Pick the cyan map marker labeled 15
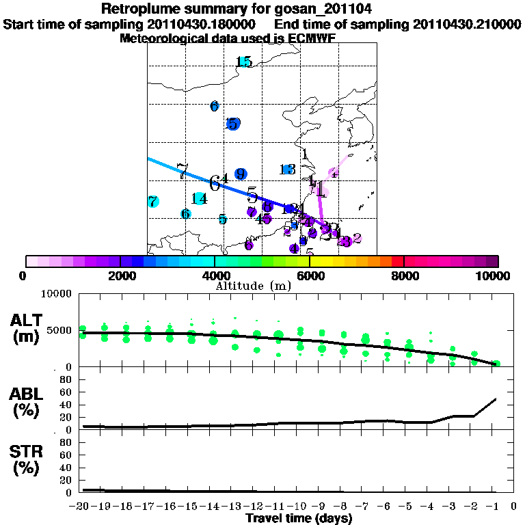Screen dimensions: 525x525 point(244,62)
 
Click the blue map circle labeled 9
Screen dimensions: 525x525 point(240,174)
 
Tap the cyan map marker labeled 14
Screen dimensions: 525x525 point(199,199)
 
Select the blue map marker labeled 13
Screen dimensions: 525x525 point(287,170)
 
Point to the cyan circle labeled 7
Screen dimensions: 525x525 point(153,202)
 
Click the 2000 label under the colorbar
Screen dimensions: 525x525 point(120,275)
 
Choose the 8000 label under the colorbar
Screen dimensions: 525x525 point(404,275)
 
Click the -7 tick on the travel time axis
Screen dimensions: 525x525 point(364,507)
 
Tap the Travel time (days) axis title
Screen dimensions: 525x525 point(299,519)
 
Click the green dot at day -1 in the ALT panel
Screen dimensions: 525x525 point(497,364)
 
